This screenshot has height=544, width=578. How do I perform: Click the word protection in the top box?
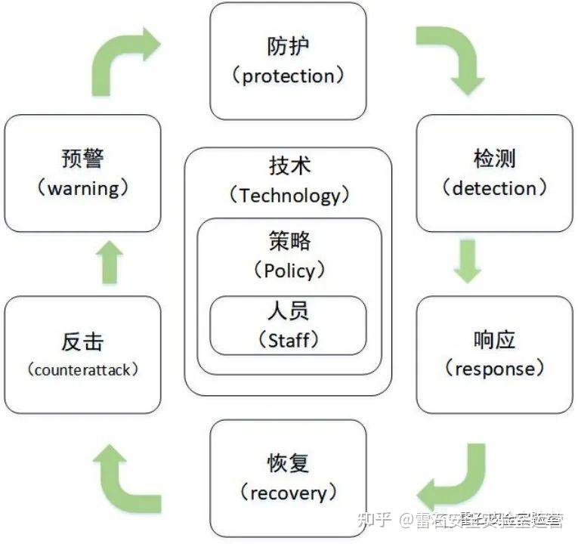coord(288,76)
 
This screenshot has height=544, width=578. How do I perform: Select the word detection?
coord(494,188)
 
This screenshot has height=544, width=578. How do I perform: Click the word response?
coord(494,369)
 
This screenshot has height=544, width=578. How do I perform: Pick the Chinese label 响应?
coord(494,339)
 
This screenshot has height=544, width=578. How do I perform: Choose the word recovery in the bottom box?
coord(288,493)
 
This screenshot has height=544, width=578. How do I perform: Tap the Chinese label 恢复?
coord(288,463)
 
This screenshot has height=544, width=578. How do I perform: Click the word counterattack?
coord(83,370)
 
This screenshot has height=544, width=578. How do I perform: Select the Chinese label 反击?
coord(82,341)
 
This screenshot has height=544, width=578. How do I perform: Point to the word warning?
coord(83,188)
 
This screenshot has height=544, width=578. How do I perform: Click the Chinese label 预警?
coord(82,159)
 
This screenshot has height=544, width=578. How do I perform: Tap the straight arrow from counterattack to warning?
coord(110,263)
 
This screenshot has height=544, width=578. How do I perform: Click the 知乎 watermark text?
coord(376,519)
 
